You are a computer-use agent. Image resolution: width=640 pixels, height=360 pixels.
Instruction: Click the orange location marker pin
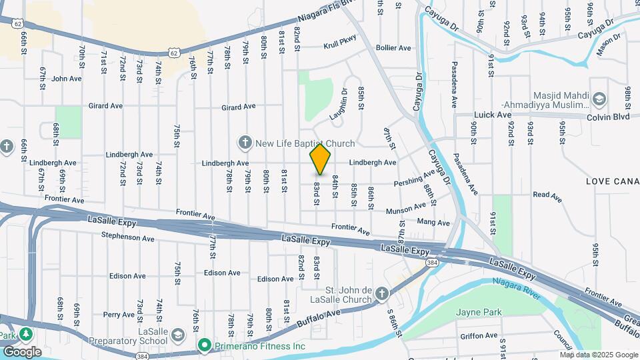tap(321, 159)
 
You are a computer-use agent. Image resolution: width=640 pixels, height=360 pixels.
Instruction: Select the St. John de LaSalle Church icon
tap(381, 293)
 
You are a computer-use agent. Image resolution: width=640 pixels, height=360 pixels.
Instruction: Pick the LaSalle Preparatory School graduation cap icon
tap(177, 334)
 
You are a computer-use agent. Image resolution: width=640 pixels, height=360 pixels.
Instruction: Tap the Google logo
tap(21, 352)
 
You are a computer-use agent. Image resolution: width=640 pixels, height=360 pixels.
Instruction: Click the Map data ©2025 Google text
tap(598, 355)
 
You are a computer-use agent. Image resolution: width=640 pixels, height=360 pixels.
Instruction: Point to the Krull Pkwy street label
tap(340, 46)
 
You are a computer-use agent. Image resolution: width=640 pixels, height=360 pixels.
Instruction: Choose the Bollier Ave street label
tap(393, 48)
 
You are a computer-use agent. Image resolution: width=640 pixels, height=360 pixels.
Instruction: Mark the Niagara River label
tap(516, 285)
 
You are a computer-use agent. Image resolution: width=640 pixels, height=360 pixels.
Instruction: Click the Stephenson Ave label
tap(128, 237)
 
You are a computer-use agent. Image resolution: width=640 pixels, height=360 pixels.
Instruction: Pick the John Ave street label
tap(67, 78)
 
